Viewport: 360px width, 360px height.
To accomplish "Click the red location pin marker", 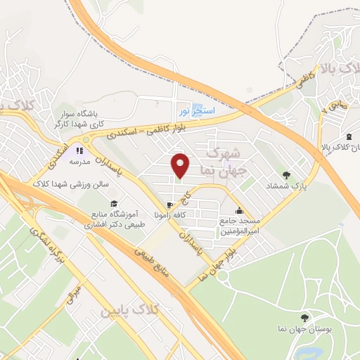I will coord(181,165).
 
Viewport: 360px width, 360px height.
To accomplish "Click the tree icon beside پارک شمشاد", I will coord(285,175).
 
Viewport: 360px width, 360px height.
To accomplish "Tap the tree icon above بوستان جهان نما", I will coord(304,319).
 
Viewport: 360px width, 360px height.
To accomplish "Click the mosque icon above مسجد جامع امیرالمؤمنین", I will coord(239,209).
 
